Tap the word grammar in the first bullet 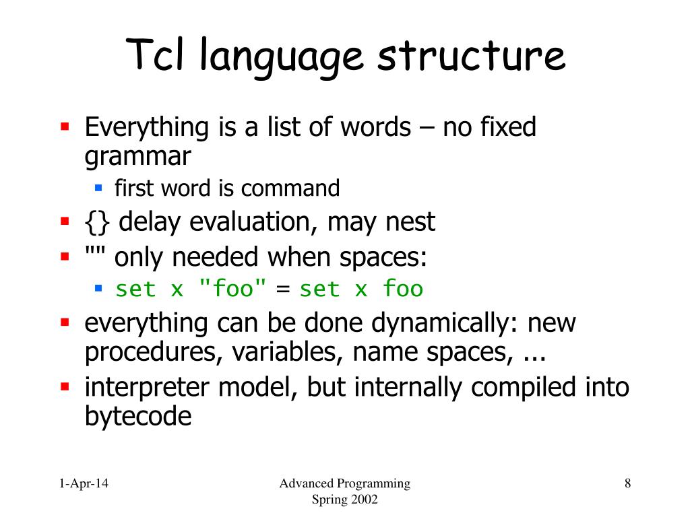pos(137,157)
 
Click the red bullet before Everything pos(65,126)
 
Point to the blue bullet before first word pos(98,187)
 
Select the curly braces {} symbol pos(99,221)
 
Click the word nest pos(410,221)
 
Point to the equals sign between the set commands pos(283,290)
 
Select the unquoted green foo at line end pos(402,289)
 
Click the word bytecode pos(137,417)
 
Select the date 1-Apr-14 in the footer pos(84,483)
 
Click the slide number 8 pos(627,483)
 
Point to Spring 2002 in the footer pos(345,499)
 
